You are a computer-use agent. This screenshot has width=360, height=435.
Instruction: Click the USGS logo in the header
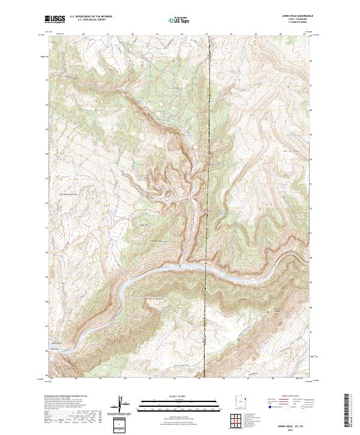[55, 20]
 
